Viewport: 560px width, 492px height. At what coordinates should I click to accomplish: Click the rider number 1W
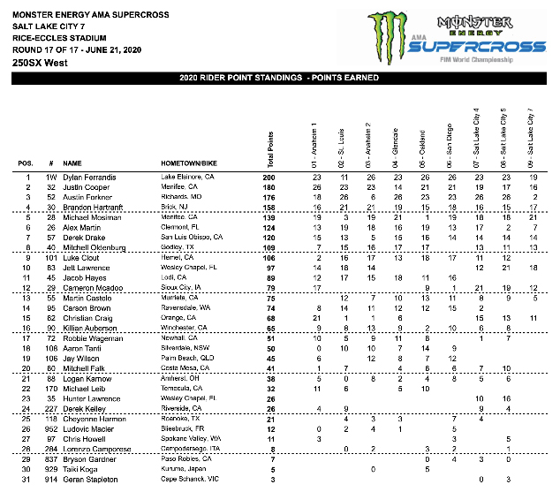tap(52, 178)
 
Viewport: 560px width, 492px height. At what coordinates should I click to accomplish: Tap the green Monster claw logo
tap(383, 37)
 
